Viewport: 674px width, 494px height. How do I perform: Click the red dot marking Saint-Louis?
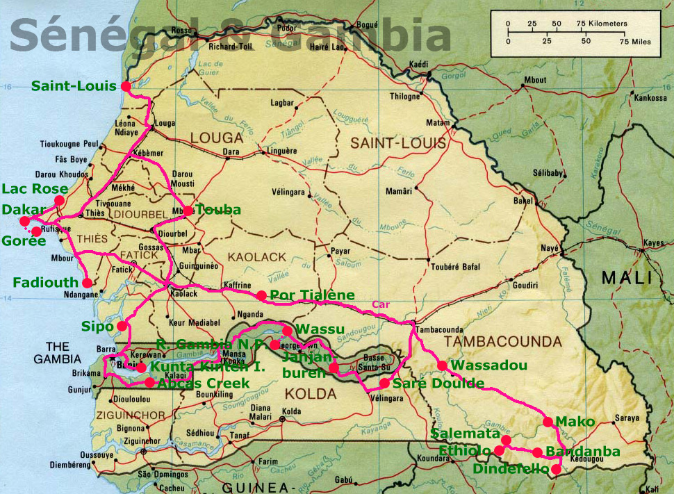click(126, 86)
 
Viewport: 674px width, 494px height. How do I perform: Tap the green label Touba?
click(218, 210)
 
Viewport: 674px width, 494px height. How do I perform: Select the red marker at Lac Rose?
click(59, 200)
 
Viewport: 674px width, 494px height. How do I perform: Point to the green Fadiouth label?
click(44, 282)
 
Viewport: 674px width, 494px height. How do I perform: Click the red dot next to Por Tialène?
click(261, 295)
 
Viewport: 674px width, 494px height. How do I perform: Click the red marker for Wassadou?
click(441, 365)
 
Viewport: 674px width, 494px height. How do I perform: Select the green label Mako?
click(576, 422)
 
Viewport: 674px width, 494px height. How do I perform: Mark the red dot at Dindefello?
click(555, 470)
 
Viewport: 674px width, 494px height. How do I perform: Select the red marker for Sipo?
click(122, 326)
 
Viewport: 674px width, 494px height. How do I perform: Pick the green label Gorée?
click(23, 241)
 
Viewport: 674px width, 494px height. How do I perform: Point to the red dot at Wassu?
click(288, 331)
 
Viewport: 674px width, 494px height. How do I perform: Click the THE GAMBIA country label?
click(57, 352)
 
